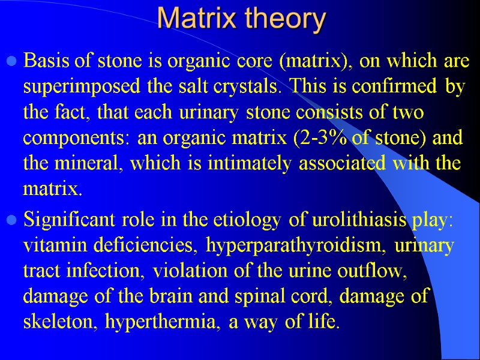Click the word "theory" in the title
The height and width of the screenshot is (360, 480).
click(284, 19)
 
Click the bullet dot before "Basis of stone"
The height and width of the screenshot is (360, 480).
click(12, 61)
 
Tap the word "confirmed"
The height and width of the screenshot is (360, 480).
click(403, 86)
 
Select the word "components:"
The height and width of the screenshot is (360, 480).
click(78, 138)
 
